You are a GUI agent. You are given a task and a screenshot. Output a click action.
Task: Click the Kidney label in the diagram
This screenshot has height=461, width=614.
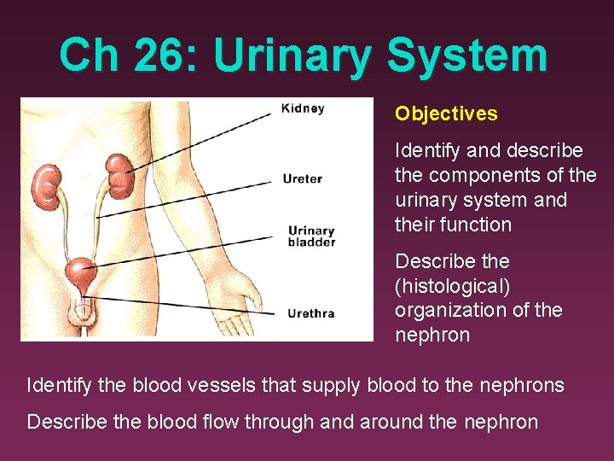(x=304, y=109)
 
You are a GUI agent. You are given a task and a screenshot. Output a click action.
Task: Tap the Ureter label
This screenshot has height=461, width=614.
(x=303, y=179)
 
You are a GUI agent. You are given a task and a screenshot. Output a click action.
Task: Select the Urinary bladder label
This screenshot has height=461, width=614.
(x=311, y=236)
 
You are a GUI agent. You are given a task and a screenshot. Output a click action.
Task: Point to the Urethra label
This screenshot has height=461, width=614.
(x=310, y=313)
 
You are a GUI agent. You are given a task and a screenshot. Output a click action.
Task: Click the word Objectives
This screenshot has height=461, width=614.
(x=446, y=114)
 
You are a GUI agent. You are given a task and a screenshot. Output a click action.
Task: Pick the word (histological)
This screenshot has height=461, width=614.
(x=452, y=286)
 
